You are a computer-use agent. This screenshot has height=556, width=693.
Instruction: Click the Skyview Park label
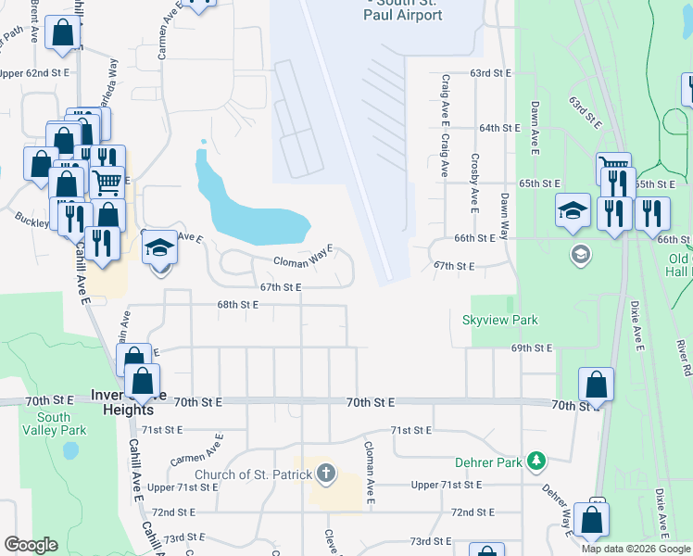(x=500, y=320)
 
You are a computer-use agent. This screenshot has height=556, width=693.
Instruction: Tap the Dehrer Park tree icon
(x=535, y=461)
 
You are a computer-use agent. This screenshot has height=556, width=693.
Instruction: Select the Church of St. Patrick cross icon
(x=325, y=474)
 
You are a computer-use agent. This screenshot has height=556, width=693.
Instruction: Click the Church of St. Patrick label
(x=249, y=475)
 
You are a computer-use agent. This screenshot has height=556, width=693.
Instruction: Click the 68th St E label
(x=237, y=304)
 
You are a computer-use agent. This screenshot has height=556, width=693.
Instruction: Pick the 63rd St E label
(x=491, y=72)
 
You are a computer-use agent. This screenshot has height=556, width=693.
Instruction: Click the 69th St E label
(x=531, y=347)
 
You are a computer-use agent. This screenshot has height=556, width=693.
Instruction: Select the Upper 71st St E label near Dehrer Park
(x=447, y=485)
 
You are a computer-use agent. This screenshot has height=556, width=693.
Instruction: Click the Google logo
(x=31, y=545)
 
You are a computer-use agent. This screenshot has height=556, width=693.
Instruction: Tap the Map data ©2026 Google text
(x=636, y=549)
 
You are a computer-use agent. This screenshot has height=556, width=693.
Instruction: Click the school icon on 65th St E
(x=573, y=211)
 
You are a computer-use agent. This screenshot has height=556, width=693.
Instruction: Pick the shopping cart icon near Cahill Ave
(x=107, y=183)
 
